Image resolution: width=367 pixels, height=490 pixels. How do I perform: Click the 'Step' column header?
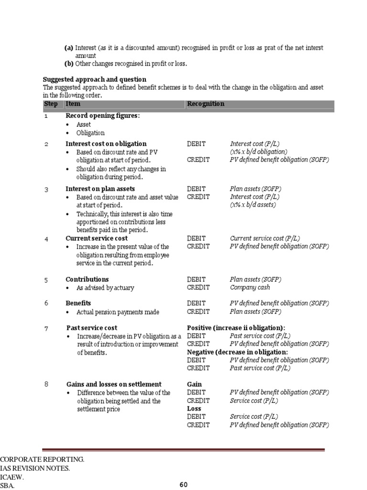(50, 104)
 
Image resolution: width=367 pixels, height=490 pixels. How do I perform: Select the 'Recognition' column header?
(205, 104)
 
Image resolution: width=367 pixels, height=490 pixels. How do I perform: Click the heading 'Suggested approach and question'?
(95, 79)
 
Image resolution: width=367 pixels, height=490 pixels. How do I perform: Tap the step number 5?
(46, 280)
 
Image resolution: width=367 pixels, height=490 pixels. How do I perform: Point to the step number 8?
(46, 384)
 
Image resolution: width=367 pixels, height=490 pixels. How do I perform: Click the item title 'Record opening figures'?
(103, 116)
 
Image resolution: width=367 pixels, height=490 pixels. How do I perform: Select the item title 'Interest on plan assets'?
(100, 189)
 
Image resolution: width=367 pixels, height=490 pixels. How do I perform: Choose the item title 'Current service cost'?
(97, 238)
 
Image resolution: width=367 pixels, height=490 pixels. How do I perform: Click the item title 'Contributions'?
(87, 279)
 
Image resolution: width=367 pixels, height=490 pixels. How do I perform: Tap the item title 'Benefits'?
(78, 303)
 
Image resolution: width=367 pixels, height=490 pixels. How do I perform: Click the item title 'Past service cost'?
(91, 328)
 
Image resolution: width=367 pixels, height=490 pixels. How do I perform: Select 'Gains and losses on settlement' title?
(113, 384)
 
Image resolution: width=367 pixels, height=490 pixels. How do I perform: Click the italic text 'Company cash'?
(249, 288)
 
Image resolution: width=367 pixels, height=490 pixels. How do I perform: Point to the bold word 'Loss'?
(194, 409)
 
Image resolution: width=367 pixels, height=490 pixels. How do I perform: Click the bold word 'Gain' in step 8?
(194, 384)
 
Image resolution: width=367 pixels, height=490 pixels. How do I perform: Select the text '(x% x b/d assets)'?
(253, 205)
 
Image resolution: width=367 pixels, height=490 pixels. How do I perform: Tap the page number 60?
(183, 484)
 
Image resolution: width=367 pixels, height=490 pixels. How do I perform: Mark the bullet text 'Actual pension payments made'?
(118, 312)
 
